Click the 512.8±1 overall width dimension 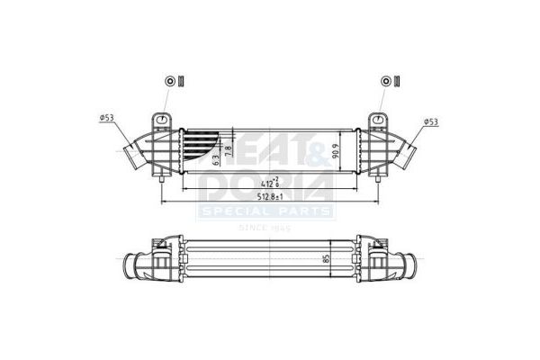[269, 196]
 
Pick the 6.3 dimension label [216, 159]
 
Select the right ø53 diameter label [432, 121]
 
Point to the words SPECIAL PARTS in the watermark [267, 212]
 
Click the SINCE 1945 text [267, 227]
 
